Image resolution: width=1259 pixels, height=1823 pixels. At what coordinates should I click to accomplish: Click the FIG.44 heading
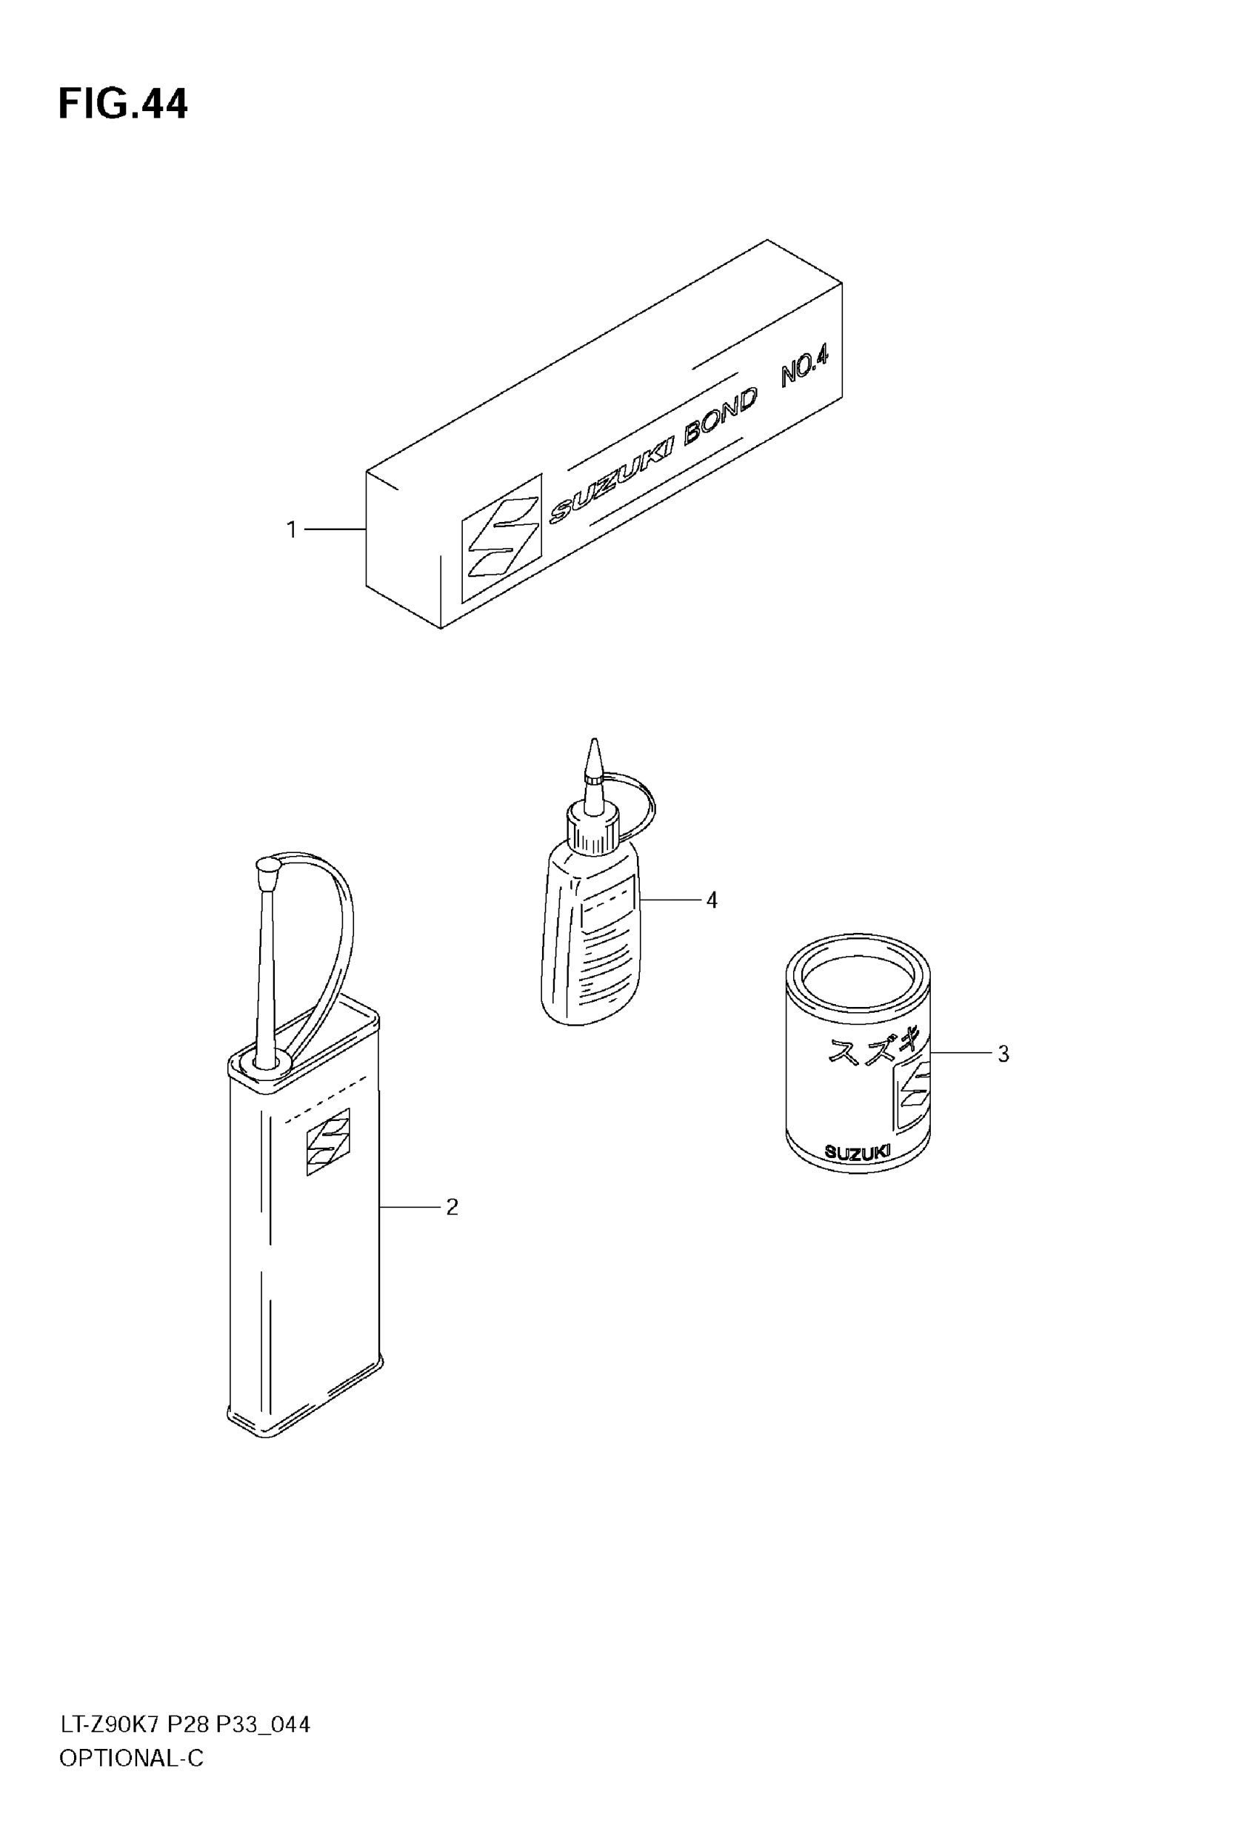click(123, 104)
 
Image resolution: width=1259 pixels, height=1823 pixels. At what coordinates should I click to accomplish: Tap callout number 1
click(291, 530)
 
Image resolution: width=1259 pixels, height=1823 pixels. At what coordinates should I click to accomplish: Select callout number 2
click(452, 1207)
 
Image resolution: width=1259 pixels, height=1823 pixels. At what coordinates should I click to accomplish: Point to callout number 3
click(1003, 1054)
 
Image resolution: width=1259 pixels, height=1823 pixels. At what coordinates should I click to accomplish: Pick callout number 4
click(712, 900)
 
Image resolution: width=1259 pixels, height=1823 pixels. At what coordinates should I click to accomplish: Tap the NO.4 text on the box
click(804, 367)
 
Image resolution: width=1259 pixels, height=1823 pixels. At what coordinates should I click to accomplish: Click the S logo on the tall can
click(328, 1141)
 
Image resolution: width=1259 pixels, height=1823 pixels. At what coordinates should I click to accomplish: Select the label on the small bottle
click(607, 905)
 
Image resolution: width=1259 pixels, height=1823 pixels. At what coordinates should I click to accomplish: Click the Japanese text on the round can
click(869, 1051)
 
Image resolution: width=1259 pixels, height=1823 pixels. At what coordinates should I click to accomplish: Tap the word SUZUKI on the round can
click(857, 1153)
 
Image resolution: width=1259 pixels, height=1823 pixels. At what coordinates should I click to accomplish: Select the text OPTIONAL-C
click(131, 1759)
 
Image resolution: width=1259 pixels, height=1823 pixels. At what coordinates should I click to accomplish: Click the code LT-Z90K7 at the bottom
click(110, 1725)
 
